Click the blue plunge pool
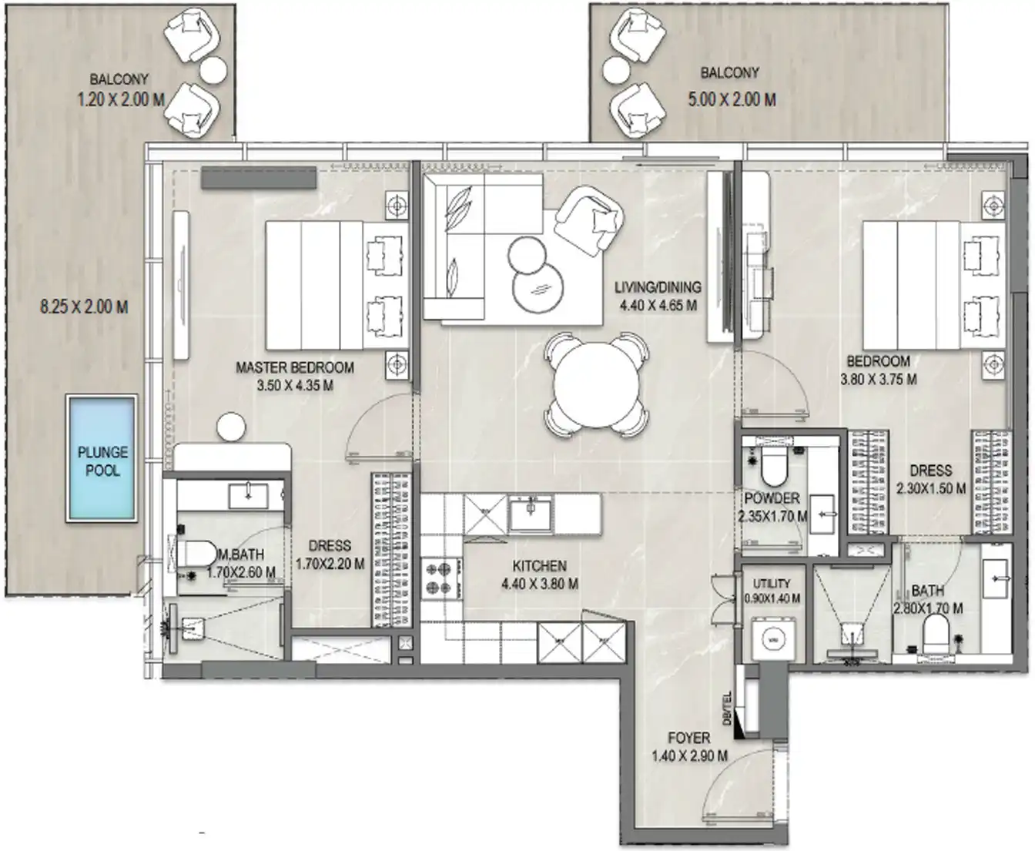click(102, 457)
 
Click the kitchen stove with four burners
click(440, 578)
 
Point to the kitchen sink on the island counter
click(531, 512)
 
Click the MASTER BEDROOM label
click(295, 368)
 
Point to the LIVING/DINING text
click(658, 287)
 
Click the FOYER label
click(688, 738)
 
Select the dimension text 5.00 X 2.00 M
click(731, 99)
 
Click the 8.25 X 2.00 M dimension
click(84, 307)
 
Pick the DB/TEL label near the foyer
click(727, 708)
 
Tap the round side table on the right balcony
click(615, 71)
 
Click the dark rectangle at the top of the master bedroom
click(259, 178)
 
